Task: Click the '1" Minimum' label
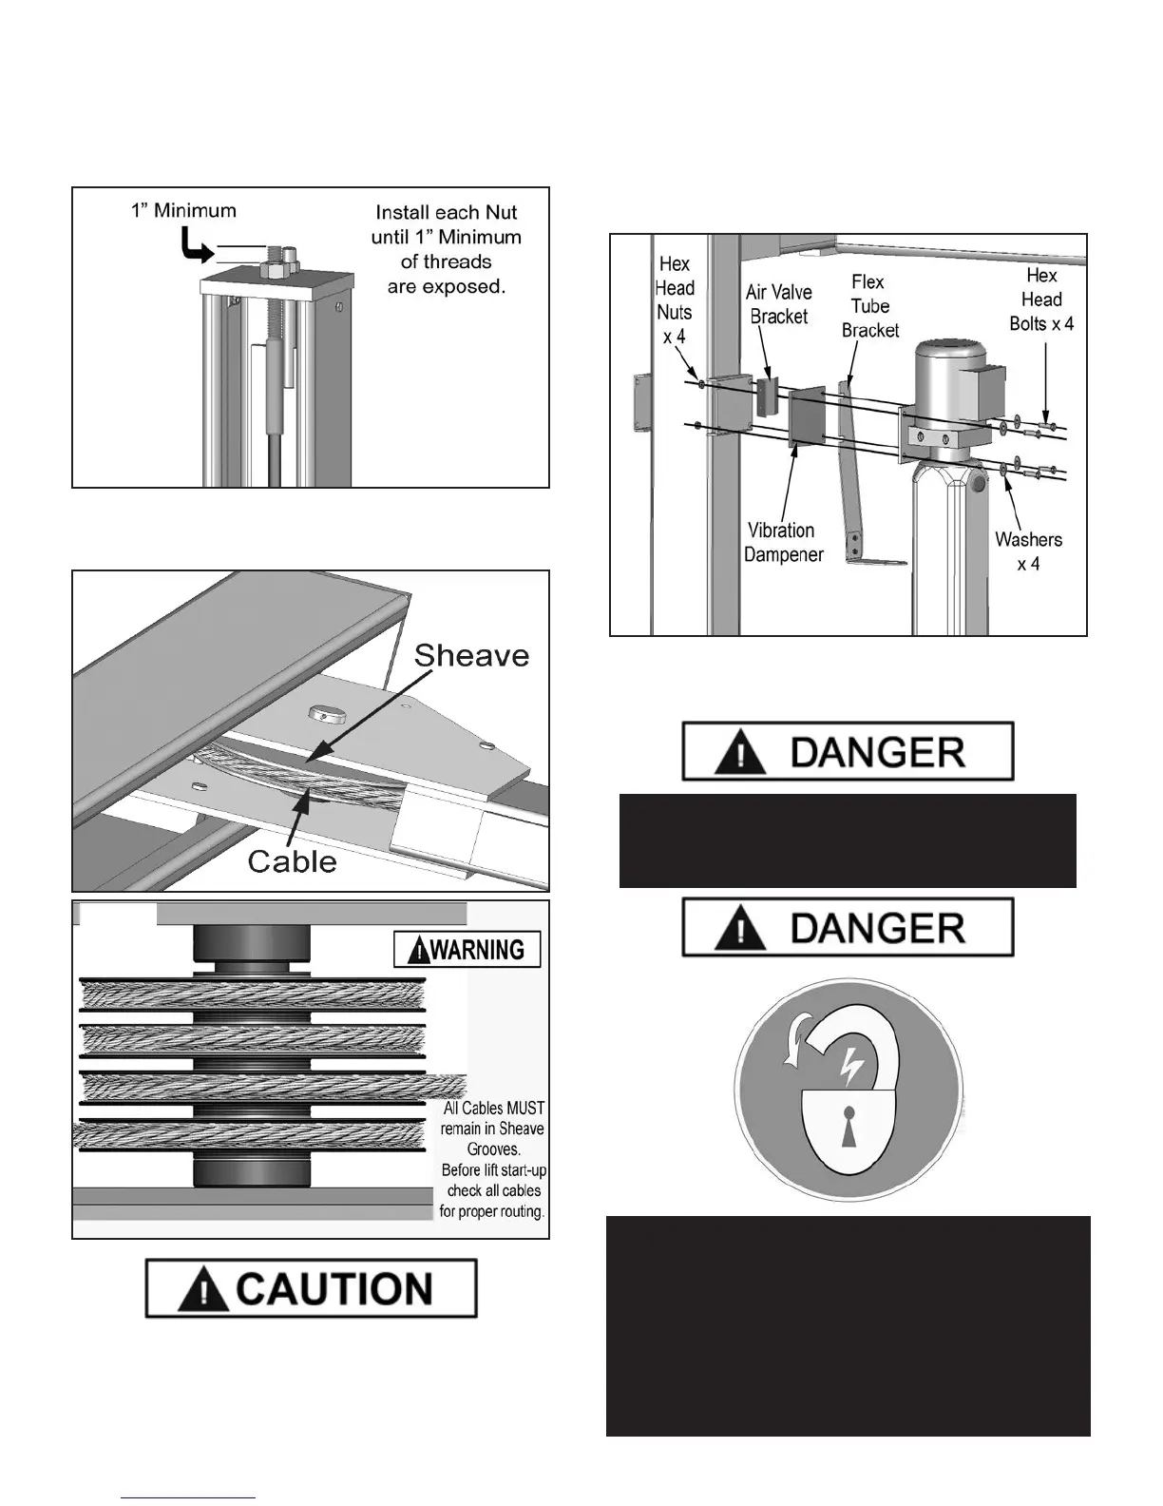coord(183,210)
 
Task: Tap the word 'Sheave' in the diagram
coord(471,655)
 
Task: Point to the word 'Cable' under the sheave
coord(292,861)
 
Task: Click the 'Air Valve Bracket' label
coord(779,304)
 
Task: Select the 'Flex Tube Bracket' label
coord(869,306)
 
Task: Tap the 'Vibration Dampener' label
coord(783,542)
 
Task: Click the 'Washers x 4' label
coord(1028,551)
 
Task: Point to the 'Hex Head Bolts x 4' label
coord(1041,299)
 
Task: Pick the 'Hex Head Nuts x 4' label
coord(675,299)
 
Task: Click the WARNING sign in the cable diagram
coord(467,949)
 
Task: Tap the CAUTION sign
coord(311,1288)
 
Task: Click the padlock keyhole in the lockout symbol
coord(848,1118)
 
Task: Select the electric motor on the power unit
coord(950,380)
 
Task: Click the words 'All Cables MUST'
coord(494,1109)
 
